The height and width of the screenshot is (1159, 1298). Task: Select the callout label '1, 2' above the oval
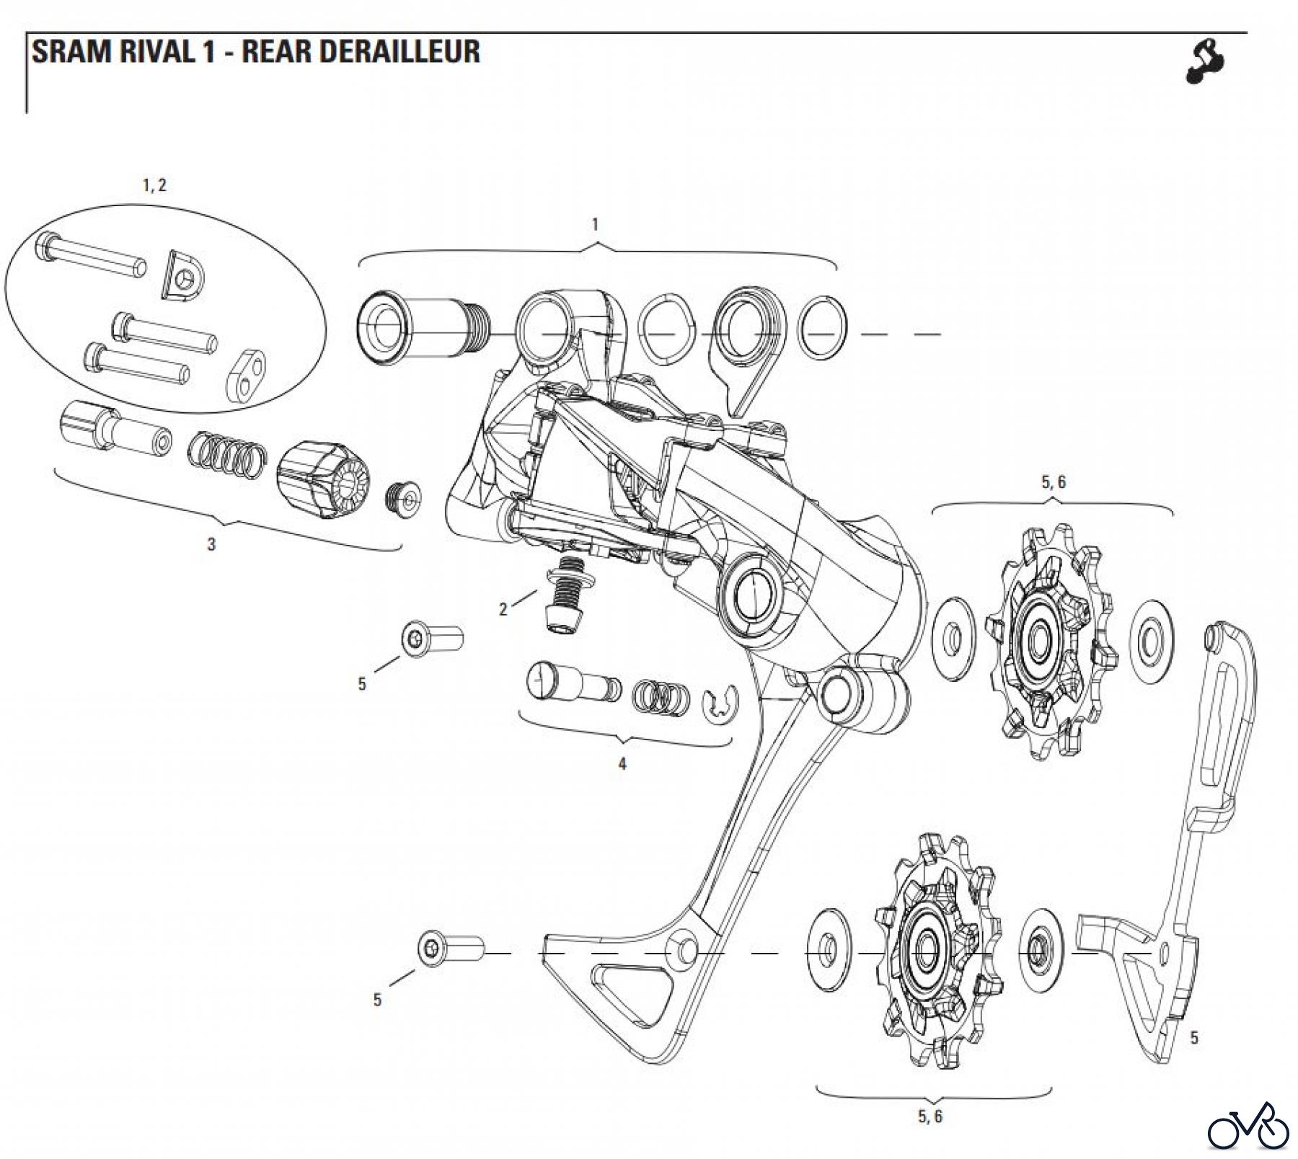pos(154,185)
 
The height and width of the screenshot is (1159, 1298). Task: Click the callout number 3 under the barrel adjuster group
pos(211,545)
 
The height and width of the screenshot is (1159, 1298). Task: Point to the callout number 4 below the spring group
pos(622,764)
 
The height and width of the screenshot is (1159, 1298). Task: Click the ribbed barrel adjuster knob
pos(322,481)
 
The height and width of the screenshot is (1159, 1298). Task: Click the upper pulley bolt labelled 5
pos(432,639)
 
